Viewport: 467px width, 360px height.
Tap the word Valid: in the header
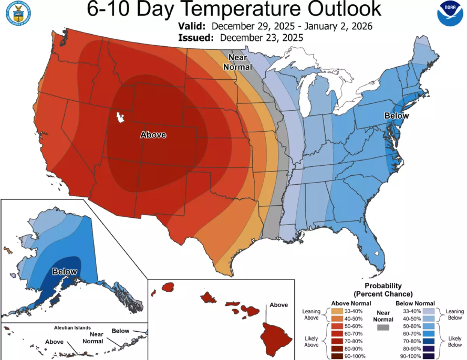point(191,26)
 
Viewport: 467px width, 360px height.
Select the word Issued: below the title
point(196,38)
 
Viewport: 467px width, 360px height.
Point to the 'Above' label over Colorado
point(153,135)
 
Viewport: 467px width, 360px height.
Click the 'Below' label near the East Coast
point(397,116)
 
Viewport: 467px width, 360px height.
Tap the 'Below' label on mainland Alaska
point(65,271)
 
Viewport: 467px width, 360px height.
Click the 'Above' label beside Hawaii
point(279,305)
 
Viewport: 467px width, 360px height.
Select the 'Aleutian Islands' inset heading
point(72,328)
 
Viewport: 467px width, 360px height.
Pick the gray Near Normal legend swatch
point(383,327)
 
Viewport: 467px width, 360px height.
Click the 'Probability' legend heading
point(383,286)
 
